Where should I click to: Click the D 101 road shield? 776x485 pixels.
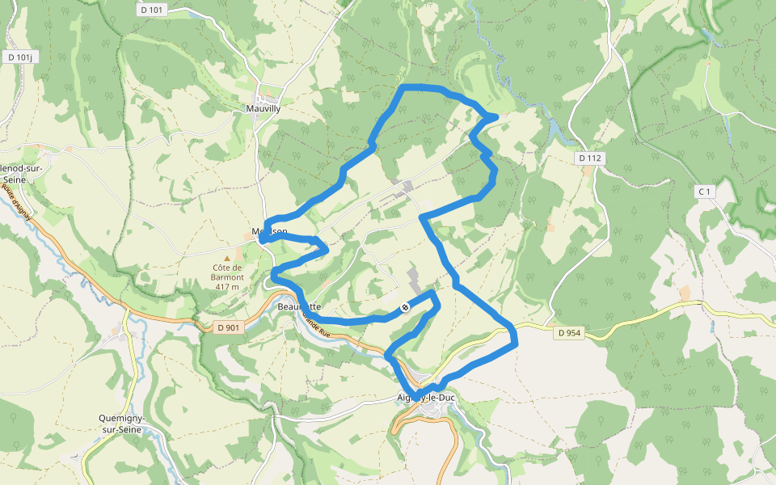[152, 11]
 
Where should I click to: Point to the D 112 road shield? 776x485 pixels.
[591, 158]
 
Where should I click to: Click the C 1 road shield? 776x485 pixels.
[706, 192]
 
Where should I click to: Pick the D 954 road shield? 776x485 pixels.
[570, 332]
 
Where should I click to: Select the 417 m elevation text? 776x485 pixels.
[227, 287]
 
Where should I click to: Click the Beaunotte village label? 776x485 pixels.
[299, 307]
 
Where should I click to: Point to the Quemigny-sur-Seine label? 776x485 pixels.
[121, 424]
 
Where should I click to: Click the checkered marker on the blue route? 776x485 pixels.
[405, 307]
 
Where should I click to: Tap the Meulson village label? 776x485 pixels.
[269, 231]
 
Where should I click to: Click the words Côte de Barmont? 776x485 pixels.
[227, 272]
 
